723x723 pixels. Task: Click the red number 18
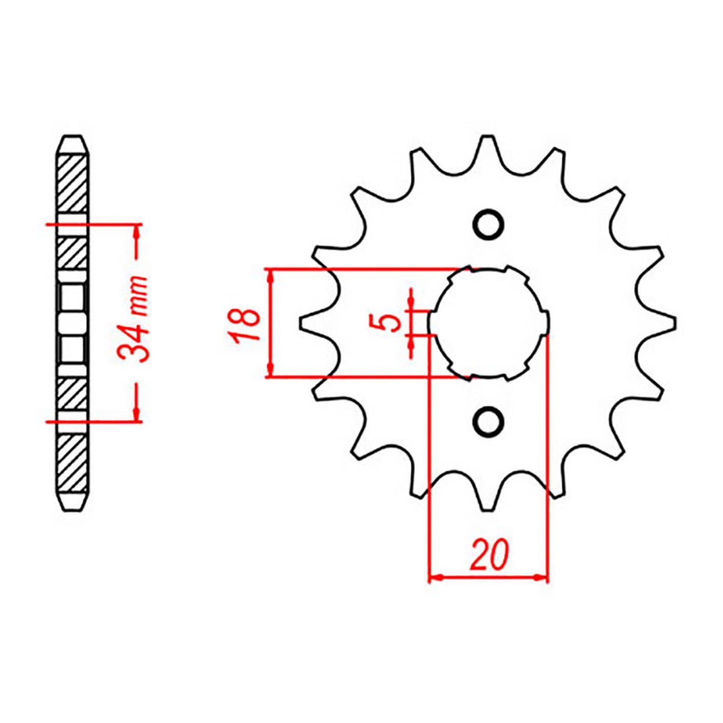point(246,324)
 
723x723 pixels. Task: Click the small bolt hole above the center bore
point(488,224)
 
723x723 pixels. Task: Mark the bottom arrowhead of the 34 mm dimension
point(136,414)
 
